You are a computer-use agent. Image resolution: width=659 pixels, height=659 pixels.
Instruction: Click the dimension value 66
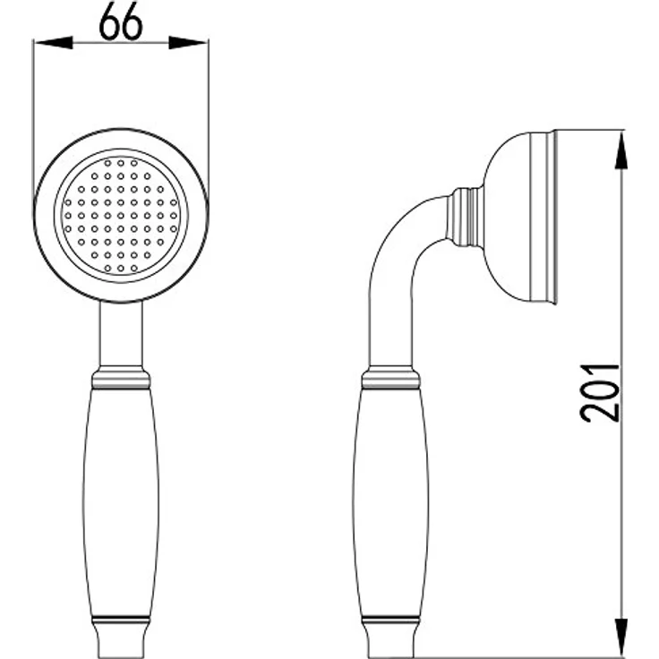pyautogui.click(x=121, y=22)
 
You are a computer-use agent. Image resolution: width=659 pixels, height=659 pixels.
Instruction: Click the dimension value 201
pyautogui.click(x=600, y=392)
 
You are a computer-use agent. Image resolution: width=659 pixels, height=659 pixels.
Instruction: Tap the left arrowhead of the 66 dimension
pyautogui.click(x=54, y=42)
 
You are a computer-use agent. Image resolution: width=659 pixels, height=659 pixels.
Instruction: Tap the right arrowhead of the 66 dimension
pyautogui.click(x=188, y=42)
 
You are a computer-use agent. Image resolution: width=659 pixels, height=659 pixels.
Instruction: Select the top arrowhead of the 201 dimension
pyautogui.click(x=621, y=150)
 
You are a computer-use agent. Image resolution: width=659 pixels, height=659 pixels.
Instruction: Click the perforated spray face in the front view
pyautogui.click(x=121, y=215)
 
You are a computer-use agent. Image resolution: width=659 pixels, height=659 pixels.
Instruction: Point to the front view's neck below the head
pyautogui.click(x=121, y=334)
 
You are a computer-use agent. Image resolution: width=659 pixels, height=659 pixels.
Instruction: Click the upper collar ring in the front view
pyautogui.click(x=121, y=378)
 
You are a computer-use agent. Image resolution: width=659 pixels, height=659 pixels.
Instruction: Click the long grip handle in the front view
pyautogui.click(x=121, y=502)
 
